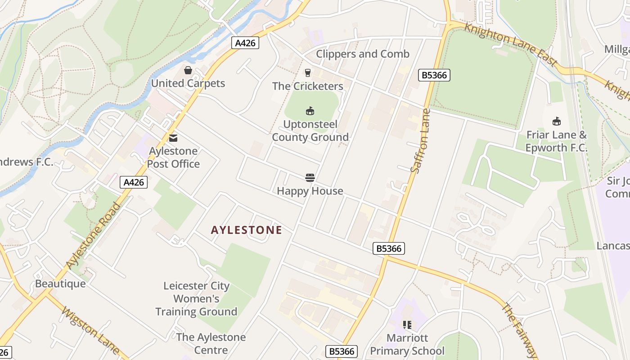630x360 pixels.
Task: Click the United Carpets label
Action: pos(188,83)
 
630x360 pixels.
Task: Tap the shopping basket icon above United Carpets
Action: pos(188,70)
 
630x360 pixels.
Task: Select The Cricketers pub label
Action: pos(308,86)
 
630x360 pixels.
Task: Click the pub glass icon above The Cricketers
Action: pos(308,72)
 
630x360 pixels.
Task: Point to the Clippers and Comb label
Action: pos(363,54)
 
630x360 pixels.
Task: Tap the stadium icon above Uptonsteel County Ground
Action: pos(310,111)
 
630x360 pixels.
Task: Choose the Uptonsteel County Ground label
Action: pos(310,130)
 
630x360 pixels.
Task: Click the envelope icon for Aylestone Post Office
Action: pos(173,138)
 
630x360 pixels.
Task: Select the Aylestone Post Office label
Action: pos(173,157)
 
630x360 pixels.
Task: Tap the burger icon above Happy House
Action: pos(310,178)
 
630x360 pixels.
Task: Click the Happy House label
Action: pos(310,191)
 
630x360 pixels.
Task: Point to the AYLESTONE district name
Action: pos(247,230)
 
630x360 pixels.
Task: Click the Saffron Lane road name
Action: pos(420,140)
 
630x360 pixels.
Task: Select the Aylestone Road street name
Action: pos(94,236)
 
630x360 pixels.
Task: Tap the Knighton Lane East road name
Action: pos(511,45)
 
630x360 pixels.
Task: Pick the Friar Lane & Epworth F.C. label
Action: pos(557,141)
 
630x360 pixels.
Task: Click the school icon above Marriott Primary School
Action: pos(407,324)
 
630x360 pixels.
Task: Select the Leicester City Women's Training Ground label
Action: pos(196,298)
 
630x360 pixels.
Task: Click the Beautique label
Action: pos(60,283)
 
